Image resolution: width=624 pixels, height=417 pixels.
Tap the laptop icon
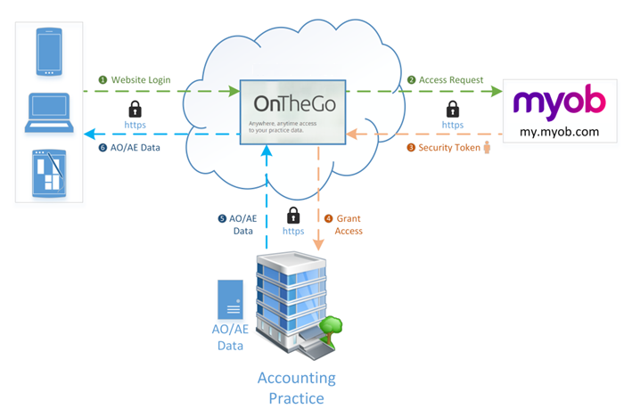49,110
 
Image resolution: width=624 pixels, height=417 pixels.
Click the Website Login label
140,80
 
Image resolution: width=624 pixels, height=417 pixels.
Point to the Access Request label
451,80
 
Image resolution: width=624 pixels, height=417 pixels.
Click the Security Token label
449,148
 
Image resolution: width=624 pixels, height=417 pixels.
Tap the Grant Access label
348,225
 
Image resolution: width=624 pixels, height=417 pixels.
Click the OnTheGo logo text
293,101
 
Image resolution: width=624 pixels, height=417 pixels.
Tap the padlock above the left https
135,109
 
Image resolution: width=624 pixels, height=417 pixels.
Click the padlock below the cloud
293,216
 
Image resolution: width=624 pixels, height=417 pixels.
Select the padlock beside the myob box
453,109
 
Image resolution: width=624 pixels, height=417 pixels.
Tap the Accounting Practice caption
297,387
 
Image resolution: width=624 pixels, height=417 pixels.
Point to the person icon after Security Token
487,147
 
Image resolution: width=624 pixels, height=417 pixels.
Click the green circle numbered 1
103,80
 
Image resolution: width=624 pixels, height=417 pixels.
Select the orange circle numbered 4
328,217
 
